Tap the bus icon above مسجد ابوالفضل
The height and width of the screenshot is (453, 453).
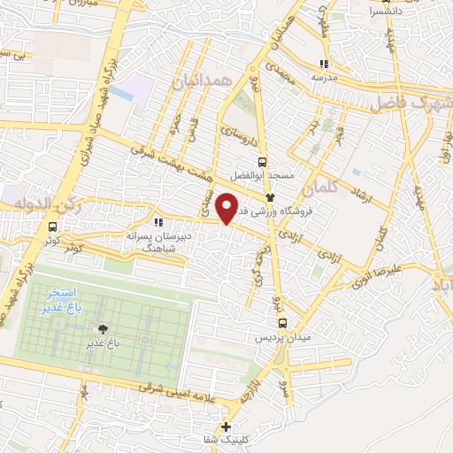pyautogui.click(x=261, y=161)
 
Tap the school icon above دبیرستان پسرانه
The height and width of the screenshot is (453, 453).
pyautogui.click(x=158, y=222)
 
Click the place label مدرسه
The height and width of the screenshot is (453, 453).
pyautogui.click(x=324, y=77)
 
